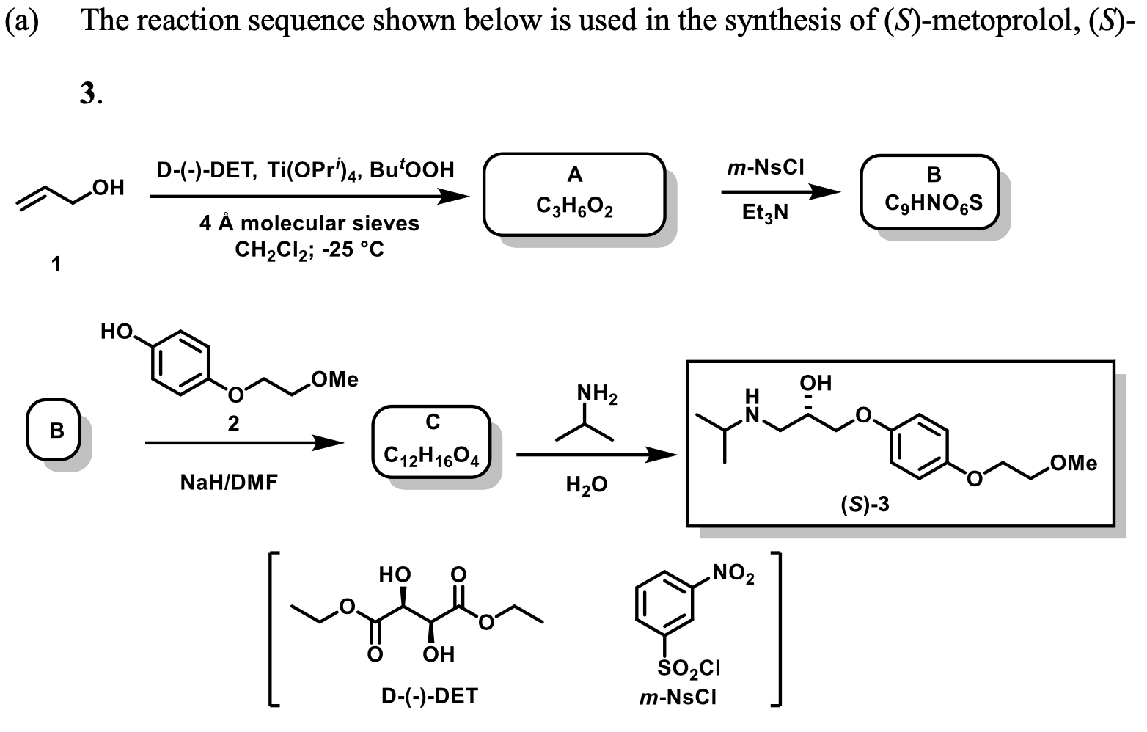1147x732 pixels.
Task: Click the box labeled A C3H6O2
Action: (573, 194)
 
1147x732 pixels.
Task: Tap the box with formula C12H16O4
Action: (431, 442)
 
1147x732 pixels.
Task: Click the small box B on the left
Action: (56, 431)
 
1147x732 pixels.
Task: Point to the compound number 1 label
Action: (56, 264)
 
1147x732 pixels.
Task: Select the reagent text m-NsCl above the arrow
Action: (765, 168)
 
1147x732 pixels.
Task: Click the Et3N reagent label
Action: (764, 213)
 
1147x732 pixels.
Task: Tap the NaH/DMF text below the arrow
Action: (229, 483)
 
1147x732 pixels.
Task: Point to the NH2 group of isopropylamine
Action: (597, 395)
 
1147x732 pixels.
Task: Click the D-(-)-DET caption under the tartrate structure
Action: (429, 695)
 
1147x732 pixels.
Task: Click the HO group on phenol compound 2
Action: (117, 332)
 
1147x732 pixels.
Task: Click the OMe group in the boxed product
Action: (1073, 464)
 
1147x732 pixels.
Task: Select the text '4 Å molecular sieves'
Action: (309, 223)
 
